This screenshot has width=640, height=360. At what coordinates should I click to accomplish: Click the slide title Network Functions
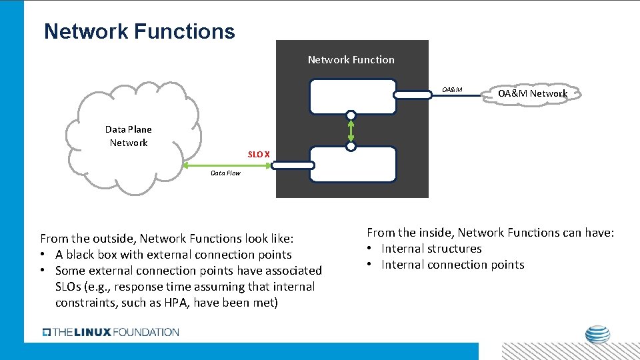(x=139, y=31)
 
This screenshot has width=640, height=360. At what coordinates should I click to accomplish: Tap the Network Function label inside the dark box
(x=351, y=60)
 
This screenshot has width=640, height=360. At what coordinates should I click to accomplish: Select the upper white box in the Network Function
(x=353, y=97)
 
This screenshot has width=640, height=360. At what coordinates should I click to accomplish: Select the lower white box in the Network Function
(x=353, y=164)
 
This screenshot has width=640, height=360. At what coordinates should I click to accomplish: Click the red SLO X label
(x=259, y=155)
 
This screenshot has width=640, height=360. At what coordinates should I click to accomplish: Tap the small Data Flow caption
(x=225, y=173)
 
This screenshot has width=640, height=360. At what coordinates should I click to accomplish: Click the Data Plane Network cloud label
(x=129, y=136)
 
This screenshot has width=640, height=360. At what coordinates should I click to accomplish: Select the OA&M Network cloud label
(x=532, y=93)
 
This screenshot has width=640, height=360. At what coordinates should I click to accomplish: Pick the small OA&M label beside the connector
(x=451, y=90)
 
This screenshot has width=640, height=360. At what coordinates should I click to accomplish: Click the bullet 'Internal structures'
(x=431, y=249)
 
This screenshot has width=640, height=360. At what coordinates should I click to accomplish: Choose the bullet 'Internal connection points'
(x=452, y=265)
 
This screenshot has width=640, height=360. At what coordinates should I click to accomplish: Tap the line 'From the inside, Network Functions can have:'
(x=490, y=233)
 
